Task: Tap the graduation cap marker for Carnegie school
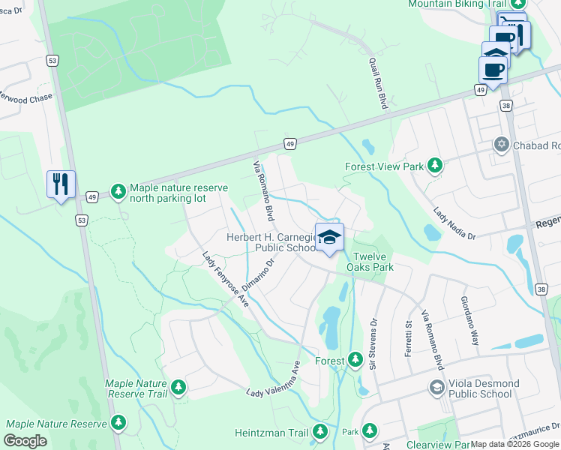click(328, 238)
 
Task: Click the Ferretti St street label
click(409, 338)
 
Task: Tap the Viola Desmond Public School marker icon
click(436, 388)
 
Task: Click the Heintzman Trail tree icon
click(320, 432)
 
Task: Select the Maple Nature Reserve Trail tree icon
click(178, 387)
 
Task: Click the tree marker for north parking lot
click(118, 192)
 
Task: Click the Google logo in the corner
click(25, 441)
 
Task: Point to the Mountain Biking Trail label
click(457, 4)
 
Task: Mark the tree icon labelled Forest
click(355, 361)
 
